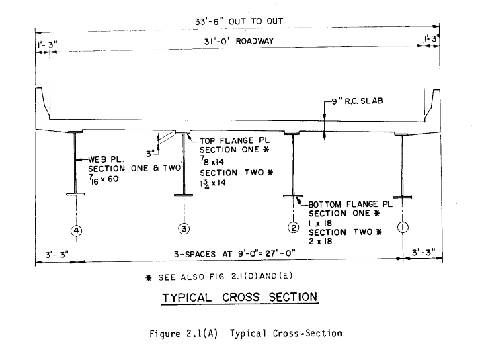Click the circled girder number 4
[x=77, y=230]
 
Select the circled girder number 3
[x=184, y=229]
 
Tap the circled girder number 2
[x=293, y=228]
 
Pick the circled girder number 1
[x=401, y=227]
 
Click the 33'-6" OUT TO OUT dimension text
[x=233, y=21]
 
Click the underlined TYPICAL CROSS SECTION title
[x=238, y=296]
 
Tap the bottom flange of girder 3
[x=184, y=196]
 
